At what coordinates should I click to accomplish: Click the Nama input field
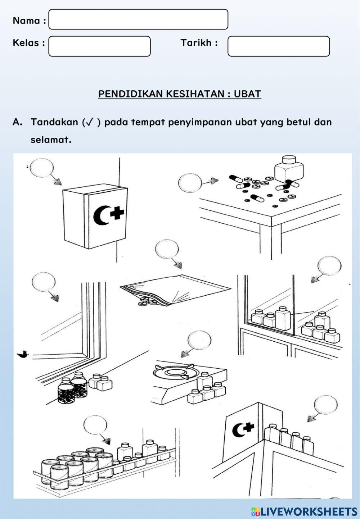click(x=138, y=19)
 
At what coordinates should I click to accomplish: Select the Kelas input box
click(x=99, y=46)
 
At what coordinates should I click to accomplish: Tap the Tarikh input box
click(x=278, y=46)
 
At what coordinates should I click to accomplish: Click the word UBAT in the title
click(x=247, y=94)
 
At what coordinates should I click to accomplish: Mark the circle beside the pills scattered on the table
click(x=190, y=182)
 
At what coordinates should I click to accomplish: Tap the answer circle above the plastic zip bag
click(x=167, y=249)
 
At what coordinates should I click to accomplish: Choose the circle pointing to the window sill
click(x=44, y=282)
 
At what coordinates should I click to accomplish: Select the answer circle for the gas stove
click(x=199, y=340)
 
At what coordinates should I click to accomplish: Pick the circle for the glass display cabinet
click(x=329, y=266)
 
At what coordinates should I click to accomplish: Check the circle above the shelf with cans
click(x=95, y=425)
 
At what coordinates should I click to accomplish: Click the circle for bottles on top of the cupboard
click(x=326, y=405)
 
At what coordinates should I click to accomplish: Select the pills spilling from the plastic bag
click(x=148, y=301)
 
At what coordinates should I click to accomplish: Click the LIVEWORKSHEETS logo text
click(x=308, y=511)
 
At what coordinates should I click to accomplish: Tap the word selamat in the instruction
click(x=50, y=140)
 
